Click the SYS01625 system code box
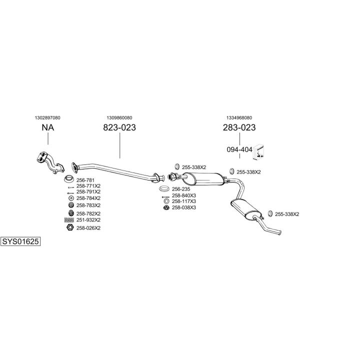click(20, 241)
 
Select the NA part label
click(48, 127)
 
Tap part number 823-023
click(119, 127)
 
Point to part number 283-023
click(239, 127)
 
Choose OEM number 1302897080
click(48, 117)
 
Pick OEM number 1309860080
click(119, 117)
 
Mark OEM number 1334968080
click(239, 117)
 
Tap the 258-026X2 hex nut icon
click(69, 228)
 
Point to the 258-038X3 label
click(184, 207)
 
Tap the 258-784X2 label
click(88, 198)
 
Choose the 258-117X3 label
click(184, 201)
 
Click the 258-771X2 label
click(88, 186)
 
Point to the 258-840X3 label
click(184, 195)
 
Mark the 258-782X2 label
click(88, 213)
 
